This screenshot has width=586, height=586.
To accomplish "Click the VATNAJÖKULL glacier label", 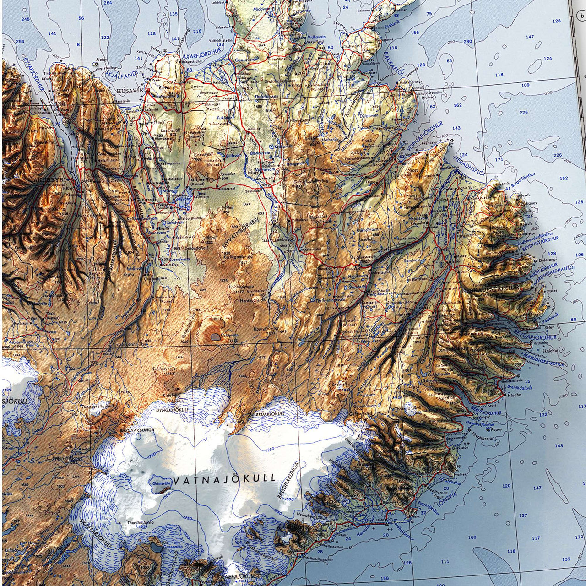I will click(224, 479).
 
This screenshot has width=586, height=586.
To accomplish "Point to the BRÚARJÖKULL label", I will click(268, 415).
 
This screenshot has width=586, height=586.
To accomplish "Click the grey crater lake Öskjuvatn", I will click(214, 336).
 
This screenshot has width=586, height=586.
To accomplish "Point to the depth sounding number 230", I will click(467, 42).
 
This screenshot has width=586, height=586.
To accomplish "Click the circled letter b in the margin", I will click(581, 15).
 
